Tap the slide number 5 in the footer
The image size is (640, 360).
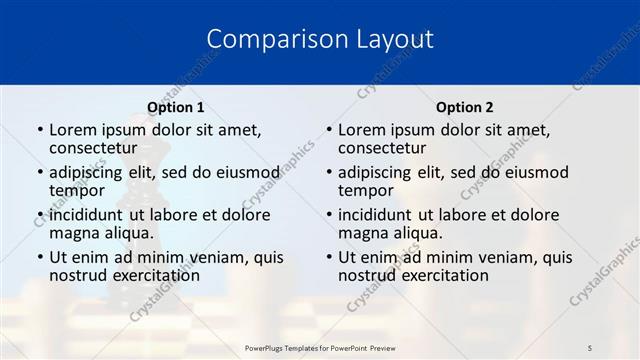590,347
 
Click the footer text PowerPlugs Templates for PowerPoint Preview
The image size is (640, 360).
320,347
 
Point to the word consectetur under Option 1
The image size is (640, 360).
99,148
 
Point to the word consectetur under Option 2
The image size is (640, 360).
388,148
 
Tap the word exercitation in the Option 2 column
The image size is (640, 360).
436,276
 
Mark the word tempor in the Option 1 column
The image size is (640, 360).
77,191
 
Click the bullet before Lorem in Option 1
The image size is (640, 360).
39,130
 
